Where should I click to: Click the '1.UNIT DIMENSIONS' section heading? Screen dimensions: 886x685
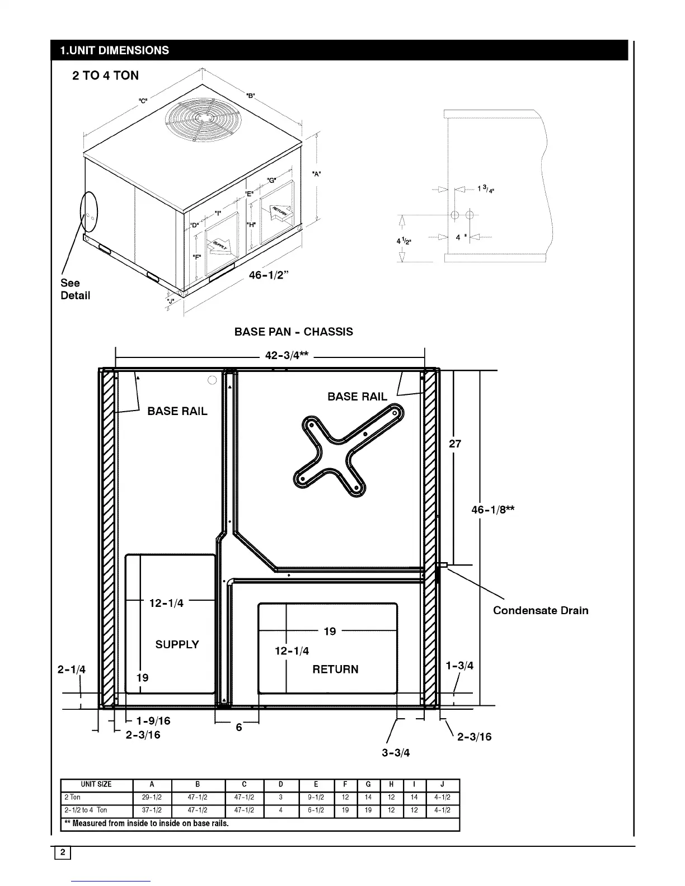tap(114, 50)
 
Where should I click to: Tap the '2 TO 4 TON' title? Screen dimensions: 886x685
tap(105, 76)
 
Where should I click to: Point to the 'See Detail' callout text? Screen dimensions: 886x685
tap(75, 289)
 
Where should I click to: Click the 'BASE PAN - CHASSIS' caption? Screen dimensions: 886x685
tap(293, 332)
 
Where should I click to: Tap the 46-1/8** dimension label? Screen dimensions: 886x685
tap(493, 510)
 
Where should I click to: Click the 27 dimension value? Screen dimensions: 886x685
tap(455, 444)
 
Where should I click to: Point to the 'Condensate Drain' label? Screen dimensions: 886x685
tap(540, 610)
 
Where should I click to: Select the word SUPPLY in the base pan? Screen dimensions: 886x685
tap(177, 644)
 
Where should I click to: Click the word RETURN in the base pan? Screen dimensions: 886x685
tap(335, 669)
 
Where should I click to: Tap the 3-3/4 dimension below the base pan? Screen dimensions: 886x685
tap(396, 752)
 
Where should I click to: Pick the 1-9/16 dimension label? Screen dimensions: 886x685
tap(153, 721)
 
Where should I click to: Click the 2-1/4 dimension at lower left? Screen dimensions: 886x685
tap(72, 670)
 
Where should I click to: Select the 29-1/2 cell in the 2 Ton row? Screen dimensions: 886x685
tap(152, 797)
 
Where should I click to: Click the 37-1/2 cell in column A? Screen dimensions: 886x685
tap(152, 810)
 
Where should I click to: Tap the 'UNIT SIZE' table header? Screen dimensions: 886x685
tap(96, 784)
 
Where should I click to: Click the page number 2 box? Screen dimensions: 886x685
tap(63, 852)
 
